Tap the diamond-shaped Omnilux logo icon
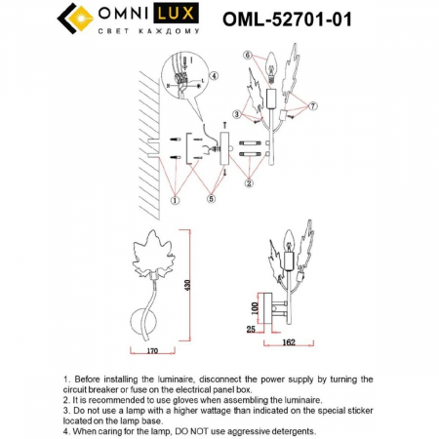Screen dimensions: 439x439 (x=69, y=20)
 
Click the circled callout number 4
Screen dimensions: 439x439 (x=216, y=75)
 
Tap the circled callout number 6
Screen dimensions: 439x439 (x=248, y=55)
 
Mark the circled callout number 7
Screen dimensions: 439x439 (x=312, y=104)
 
